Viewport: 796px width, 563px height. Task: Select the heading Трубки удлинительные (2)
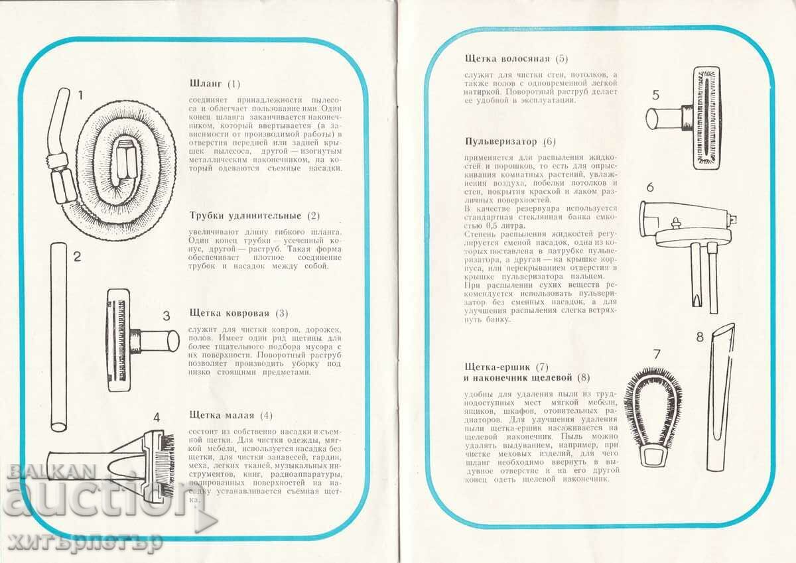255,216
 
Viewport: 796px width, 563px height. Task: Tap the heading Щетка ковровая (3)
239,313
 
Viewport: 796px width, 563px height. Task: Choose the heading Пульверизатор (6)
511,141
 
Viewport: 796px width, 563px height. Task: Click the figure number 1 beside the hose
80,95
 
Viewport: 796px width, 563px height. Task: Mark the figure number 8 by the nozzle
700,337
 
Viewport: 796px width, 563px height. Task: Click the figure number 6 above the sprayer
650,187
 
